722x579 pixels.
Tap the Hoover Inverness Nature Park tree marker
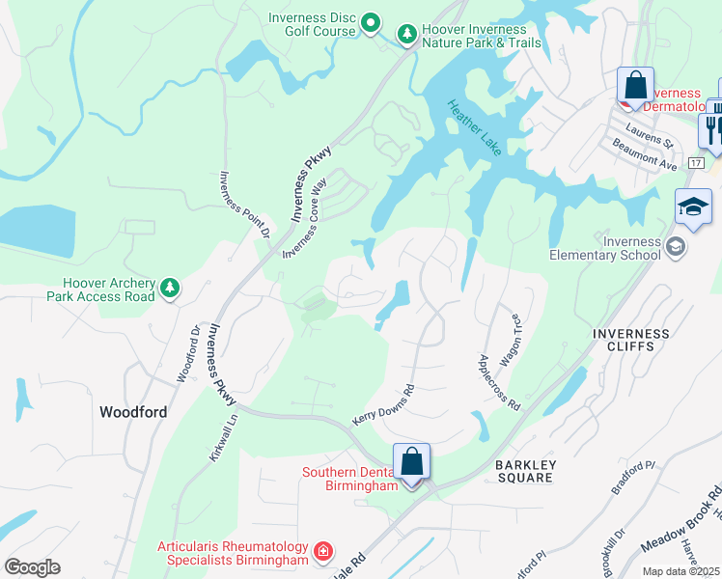(407, 35)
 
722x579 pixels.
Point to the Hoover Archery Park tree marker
(170, 288)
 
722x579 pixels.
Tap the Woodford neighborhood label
(133, 412)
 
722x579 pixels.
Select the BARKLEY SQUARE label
(525, 471)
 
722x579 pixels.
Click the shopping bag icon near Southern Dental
(412, 463)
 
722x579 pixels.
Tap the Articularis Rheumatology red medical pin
(324, 552)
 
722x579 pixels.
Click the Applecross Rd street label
(499, 383)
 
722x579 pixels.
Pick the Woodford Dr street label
(189, 353)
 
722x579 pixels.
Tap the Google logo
(32, 566)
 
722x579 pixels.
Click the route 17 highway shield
(696, 163)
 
